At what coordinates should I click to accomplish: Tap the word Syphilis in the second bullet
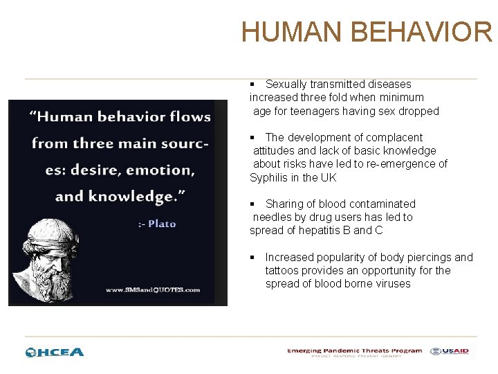pyautogui.click(x=270, y=177)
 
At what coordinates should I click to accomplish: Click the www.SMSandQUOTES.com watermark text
pyautogui.click(x=153, y=290)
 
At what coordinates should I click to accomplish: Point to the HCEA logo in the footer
pyautogui.click(x=55, y=352)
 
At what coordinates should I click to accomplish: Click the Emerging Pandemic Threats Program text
pyautogui.click(x=354, y=350)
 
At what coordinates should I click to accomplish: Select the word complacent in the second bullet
pyautogui.click(x=390, y=138)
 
